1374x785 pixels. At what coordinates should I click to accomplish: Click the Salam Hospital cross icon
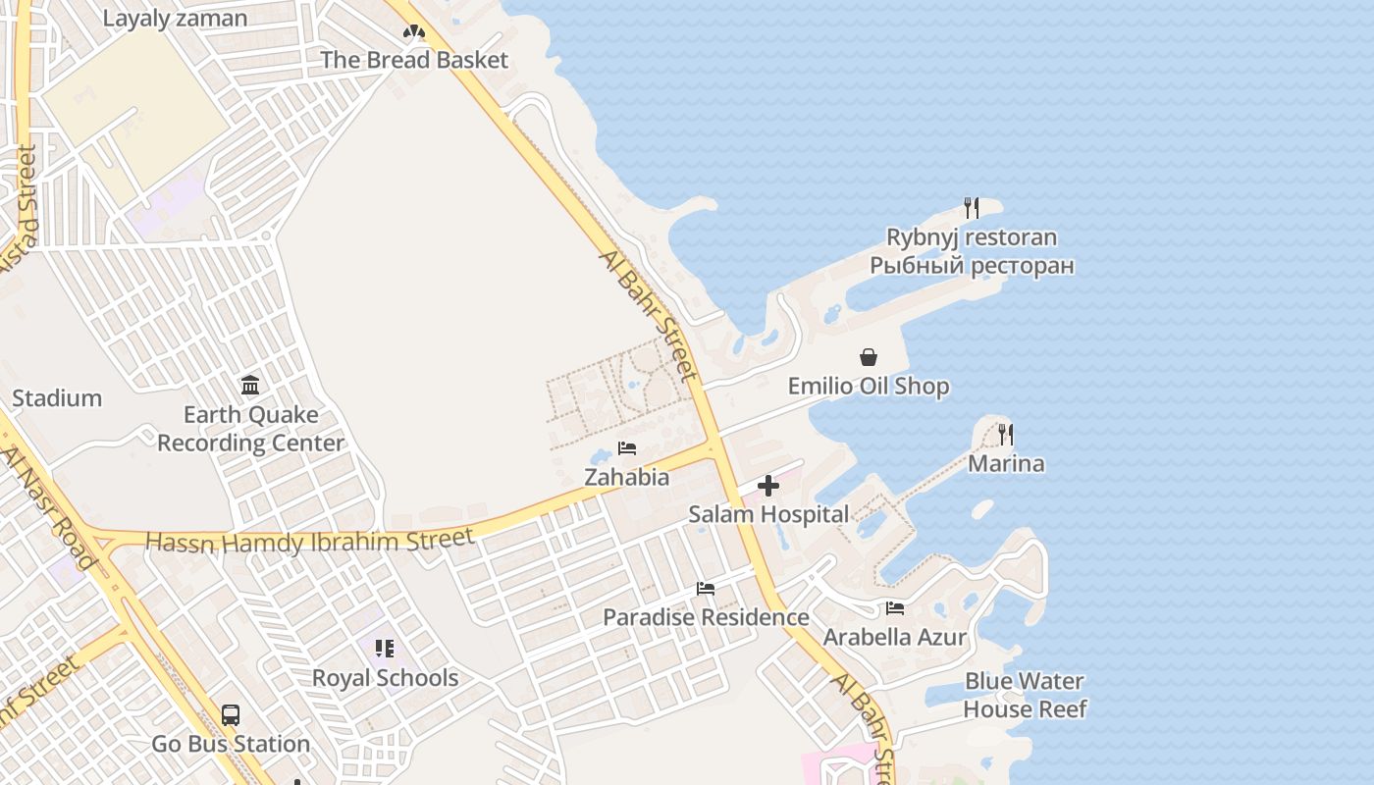(768, 486)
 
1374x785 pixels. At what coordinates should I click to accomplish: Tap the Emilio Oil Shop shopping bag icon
(869, 357)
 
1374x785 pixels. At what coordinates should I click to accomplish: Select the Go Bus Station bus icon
(231, 715)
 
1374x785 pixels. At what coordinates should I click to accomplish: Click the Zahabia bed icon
(627, 449)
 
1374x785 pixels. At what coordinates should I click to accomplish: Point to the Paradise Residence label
(706, 617)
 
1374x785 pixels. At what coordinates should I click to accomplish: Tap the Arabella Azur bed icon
(894, 608)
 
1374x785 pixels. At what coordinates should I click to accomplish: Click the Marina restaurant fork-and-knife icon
(1006, 434)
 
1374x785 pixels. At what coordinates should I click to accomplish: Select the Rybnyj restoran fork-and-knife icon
(972, 208)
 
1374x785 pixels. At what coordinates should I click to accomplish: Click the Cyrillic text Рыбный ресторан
(972, 266)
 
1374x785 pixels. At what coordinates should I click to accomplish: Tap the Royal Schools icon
(385, 649)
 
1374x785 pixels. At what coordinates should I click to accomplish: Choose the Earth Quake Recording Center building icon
(250, 385)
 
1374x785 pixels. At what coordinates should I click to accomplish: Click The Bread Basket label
(414, 60)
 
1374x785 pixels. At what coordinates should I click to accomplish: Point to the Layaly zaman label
(175, 19)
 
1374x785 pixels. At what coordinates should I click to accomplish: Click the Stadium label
(57, 398)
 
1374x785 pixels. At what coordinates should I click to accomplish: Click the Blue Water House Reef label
(1025, 695)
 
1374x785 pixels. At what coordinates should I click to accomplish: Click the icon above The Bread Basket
(414, 31)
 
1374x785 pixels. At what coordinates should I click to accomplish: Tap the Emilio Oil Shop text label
(869, 387)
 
